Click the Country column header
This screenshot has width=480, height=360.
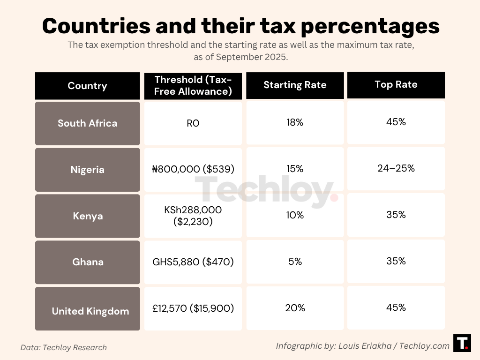coord(87,86)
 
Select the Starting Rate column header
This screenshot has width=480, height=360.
coord(295,85)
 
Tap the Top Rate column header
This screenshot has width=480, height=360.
coord(396,84)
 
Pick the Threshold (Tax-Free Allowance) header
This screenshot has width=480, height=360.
coord(193,85)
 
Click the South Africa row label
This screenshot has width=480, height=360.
coord(87,123)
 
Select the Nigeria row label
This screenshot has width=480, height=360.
coord(87,170)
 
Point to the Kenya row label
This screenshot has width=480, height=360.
coord(87,216)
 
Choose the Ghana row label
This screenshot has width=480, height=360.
coord(87,262)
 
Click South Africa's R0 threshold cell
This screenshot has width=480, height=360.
coord(193,123)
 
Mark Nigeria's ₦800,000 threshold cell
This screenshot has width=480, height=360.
coord(193,169)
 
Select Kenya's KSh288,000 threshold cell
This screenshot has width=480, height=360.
coord(193,216)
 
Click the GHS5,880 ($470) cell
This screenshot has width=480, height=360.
coord(193,262)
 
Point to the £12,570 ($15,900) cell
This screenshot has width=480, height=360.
coord(193,308)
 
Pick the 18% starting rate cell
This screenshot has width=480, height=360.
coord(295,123)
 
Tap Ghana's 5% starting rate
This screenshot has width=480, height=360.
coord(295,262)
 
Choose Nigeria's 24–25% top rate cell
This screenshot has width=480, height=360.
coord(396,168)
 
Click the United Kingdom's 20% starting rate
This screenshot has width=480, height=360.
coord(295,308)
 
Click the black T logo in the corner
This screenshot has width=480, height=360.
coord(462,343)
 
